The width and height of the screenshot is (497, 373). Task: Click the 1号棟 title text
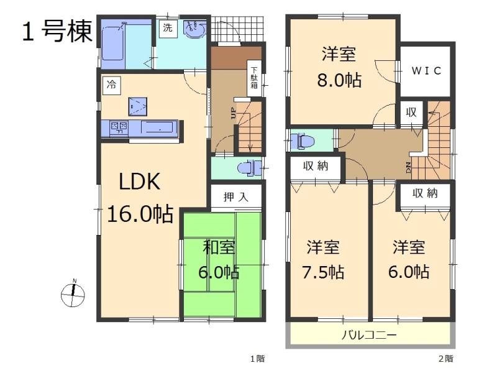[57, 30]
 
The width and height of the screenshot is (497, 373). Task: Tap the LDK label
[140, 182]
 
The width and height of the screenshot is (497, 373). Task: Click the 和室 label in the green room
[219, 247]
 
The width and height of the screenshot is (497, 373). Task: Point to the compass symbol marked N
[73, 295]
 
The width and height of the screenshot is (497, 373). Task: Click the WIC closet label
[427, 70]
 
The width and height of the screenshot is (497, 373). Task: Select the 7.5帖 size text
[323, 272]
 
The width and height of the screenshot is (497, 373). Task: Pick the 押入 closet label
[235, 197]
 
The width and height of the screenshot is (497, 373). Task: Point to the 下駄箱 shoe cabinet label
[254, 78]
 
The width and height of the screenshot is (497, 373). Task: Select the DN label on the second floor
[408, 167]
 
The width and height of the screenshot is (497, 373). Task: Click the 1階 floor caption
[257, 359]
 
